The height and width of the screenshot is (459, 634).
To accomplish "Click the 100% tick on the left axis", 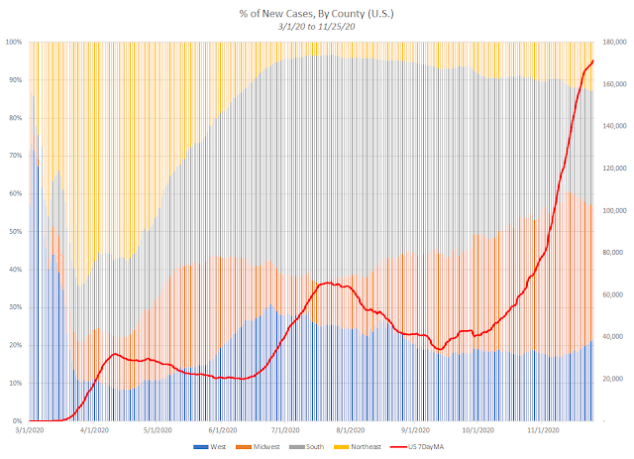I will coord(14,42).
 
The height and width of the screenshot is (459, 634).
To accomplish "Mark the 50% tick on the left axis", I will coord(16,231).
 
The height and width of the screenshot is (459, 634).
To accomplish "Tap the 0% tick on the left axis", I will coord(18,420).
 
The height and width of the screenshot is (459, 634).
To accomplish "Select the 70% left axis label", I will coord(16,156).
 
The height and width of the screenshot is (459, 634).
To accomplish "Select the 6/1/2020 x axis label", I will coord(223,431).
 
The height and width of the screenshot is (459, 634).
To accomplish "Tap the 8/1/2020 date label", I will coord(350,431).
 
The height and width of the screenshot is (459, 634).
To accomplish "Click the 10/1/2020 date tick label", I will coord(476,431).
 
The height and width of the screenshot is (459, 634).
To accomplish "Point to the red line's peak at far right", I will coord(592,61).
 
